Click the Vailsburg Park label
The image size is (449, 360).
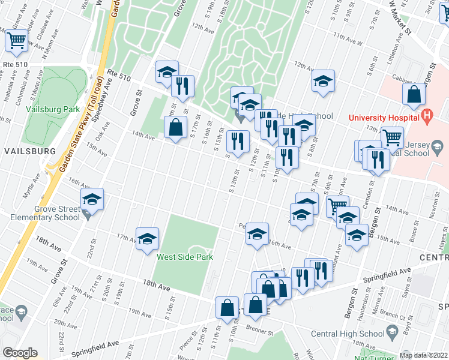pyautogui.click(x=53, y=110)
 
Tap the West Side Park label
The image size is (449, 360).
pyautogui.click(x=185, y=257)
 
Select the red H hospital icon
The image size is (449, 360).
pyautogui.click(x=427, y=115)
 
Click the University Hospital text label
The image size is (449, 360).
pyautogui.click(x=385, y=116)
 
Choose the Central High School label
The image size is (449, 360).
pyautogui.click(x=347, y=334)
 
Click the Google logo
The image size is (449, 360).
pyautogui.click(x=19, y=353)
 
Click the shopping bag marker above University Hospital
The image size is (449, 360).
pyautogui.click(x=415, y=94)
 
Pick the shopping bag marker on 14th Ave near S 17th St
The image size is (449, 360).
pyautogui.click(x=175, y=127)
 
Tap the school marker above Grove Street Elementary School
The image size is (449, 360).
pyautogui.click(x=92, y=199)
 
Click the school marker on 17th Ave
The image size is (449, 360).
pyautogui.click(x=147, y=239)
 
